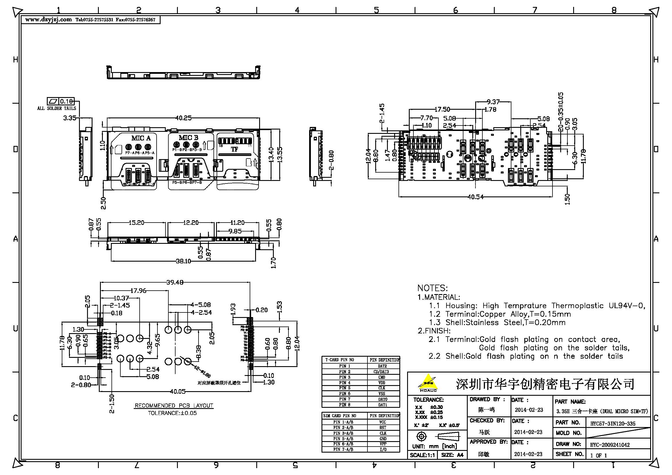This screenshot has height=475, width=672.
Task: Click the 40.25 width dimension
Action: (x=183, y=118)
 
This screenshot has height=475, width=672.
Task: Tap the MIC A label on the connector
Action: (x=141, y=138)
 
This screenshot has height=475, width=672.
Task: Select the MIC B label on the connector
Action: (x=188, y=138)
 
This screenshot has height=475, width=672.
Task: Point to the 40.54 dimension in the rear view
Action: (x=475, y=197)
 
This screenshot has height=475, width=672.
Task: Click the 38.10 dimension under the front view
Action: (x=183, y=261)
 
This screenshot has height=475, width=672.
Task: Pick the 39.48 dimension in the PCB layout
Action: (x=175, y=282)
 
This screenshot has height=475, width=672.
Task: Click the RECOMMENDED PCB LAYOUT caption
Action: (x=174, y=406)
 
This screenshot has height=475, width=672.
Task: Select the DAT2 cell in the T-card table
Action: (x=382, y=366)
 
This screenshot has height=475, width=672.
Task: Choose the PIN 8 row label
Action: (x=344, y=405)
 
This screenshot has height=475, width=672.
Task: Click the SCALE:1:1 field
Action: (x=422, y=455)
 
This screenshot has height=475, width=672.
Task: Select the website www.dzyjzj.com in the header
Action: (x=48, y=20)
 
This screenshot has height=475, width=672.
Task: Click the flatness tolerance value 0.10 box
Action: (x=66, y=101)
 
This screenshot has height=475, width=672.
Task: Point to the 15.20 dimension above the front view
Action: (x=136, y=223)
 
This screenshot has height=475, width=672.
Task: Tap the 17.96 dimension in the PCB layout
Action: (x=138, y=291)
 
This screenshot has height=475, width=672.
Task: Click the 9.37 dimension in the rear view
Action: (x=493, y=102)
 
